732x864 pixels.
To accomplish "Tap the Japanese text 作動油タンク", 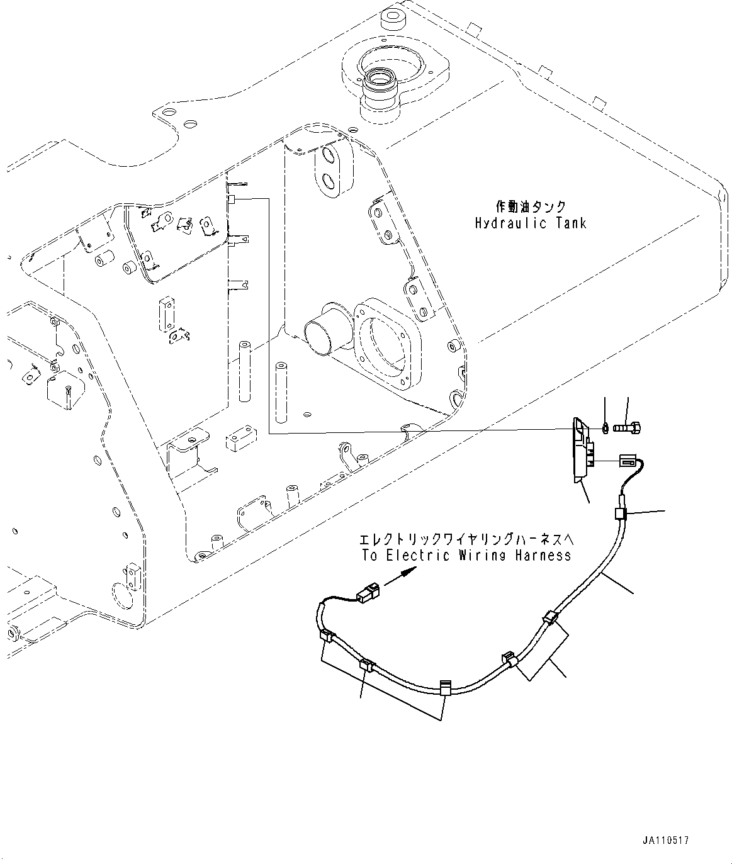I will click(531, 206).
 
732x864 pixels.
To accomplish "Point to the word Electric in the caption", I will click(419, 555).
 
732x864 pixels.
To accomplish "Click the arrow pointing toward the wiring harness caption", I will click(400, 576).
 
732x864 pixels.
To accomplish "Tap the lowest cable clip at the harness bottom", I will click(444, 687).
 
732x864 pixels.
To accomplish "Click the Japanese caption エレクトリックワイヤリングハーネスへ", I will click(466, 539).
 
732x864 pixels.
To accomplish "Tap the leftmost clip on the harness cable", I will click(327, 637).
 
